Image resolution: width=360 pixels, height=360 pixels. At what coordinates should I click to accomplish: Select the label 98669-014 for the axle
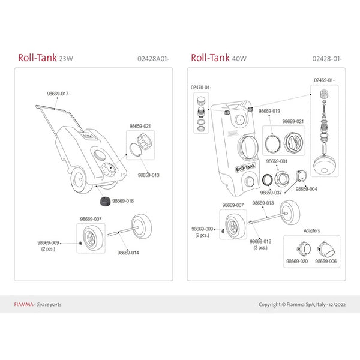(128, 253)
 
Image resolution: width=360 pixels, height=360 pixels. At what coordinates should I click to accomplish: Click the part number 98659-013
(148, 175)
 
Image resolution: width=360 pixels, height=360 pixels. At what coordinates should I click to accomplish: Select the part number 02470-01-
(202, 88)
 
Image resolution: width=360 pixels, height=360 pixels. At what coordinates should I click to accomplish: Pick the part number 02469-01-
(324, 80)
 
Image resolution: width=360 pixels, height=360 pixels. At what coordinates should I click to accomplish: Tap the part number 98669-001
(277, 161)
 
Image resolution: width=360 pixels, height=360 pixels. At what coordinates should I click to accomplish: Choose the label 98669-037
(271, 193)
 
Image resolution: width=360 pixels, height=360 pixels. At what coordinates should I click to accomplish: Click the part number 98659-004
(306, 188)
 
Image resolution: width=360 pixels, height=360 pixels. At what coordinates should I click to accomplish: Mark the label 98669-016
(261, 241)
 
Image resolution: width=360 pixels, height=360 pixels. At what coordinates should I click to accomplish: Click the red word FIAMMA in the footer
(23, 304)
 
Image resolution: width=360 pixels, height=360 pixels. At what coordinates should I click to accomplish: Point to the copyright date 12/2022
(334, 304)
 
